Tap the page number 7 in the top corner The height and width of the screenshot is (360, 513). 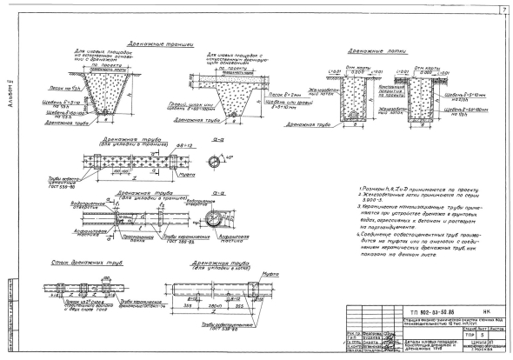503,10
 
